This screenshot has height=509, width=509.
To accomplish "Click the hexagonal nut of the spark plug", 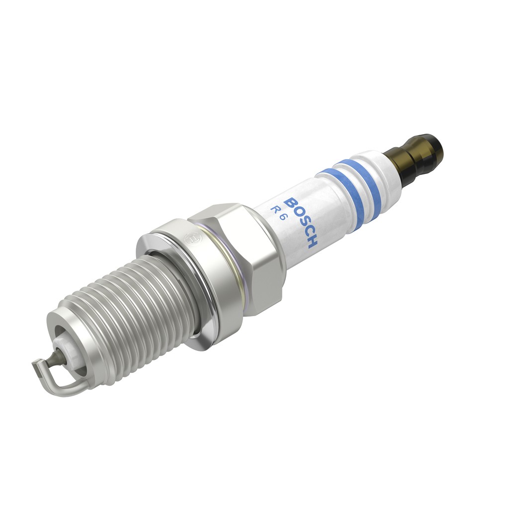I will pyautogui.click(x=239, y=254).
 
